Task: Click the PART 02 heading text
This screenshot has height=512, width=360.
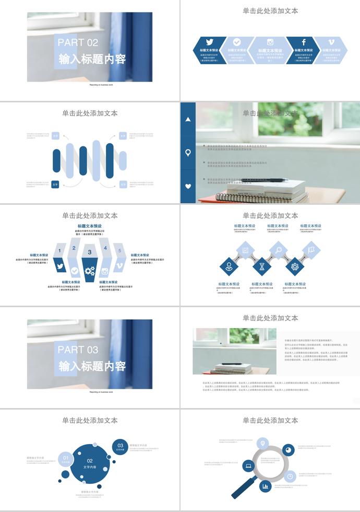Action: (x=78, y=42)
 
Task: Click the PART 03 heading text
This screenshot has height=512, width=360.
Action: (x=78, y=350)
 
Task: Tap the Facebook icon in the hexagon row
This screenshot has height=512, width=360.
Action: (x=304, y=42)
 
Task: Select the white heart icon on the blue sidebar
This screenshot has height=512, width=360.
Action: (x=188, y=186)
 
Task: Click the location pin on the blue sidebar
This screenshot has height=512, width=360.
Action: (x=188, y=153)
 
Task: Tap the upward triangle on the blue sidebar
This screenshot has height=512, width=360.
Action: (x=188, y=120)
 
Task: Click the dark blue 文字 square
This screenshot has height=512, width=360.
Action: (x=55, y=184)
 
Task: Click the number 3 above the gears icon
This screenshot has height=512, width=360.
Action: (x=90, y=252)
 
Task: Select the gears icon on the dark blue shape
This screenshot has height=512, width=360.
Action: (x=90, y=271)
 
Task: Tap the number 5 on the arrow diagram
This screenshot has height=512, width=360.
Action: (x=119, y=251)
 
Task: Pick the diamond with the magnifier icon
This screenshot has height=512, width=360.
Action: (x=279, y=250)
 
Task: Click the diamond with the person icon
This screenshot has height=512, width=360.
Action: (x=229, y=266)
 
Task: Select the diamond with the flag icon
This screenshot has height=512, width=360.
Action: (x=311, y=250)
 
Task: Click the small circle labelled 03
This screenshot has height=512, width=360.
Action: (x=120, y=446)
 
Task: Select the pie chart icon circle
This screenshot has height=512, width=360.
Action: (x=287, y=450)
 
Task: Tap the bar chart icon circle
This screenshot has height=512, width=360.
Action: (x=266, y=486)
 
